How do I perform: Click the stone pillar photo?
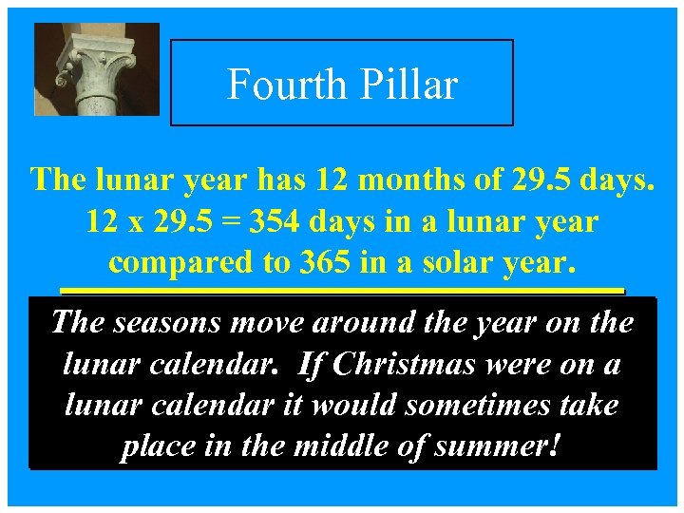[x=96, y=69]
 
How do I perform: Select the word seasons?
[x=165, y=323]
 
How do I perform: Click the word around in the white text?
[x=358, y=323]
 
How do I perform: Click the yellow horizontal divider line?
[x=342, y=289]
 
